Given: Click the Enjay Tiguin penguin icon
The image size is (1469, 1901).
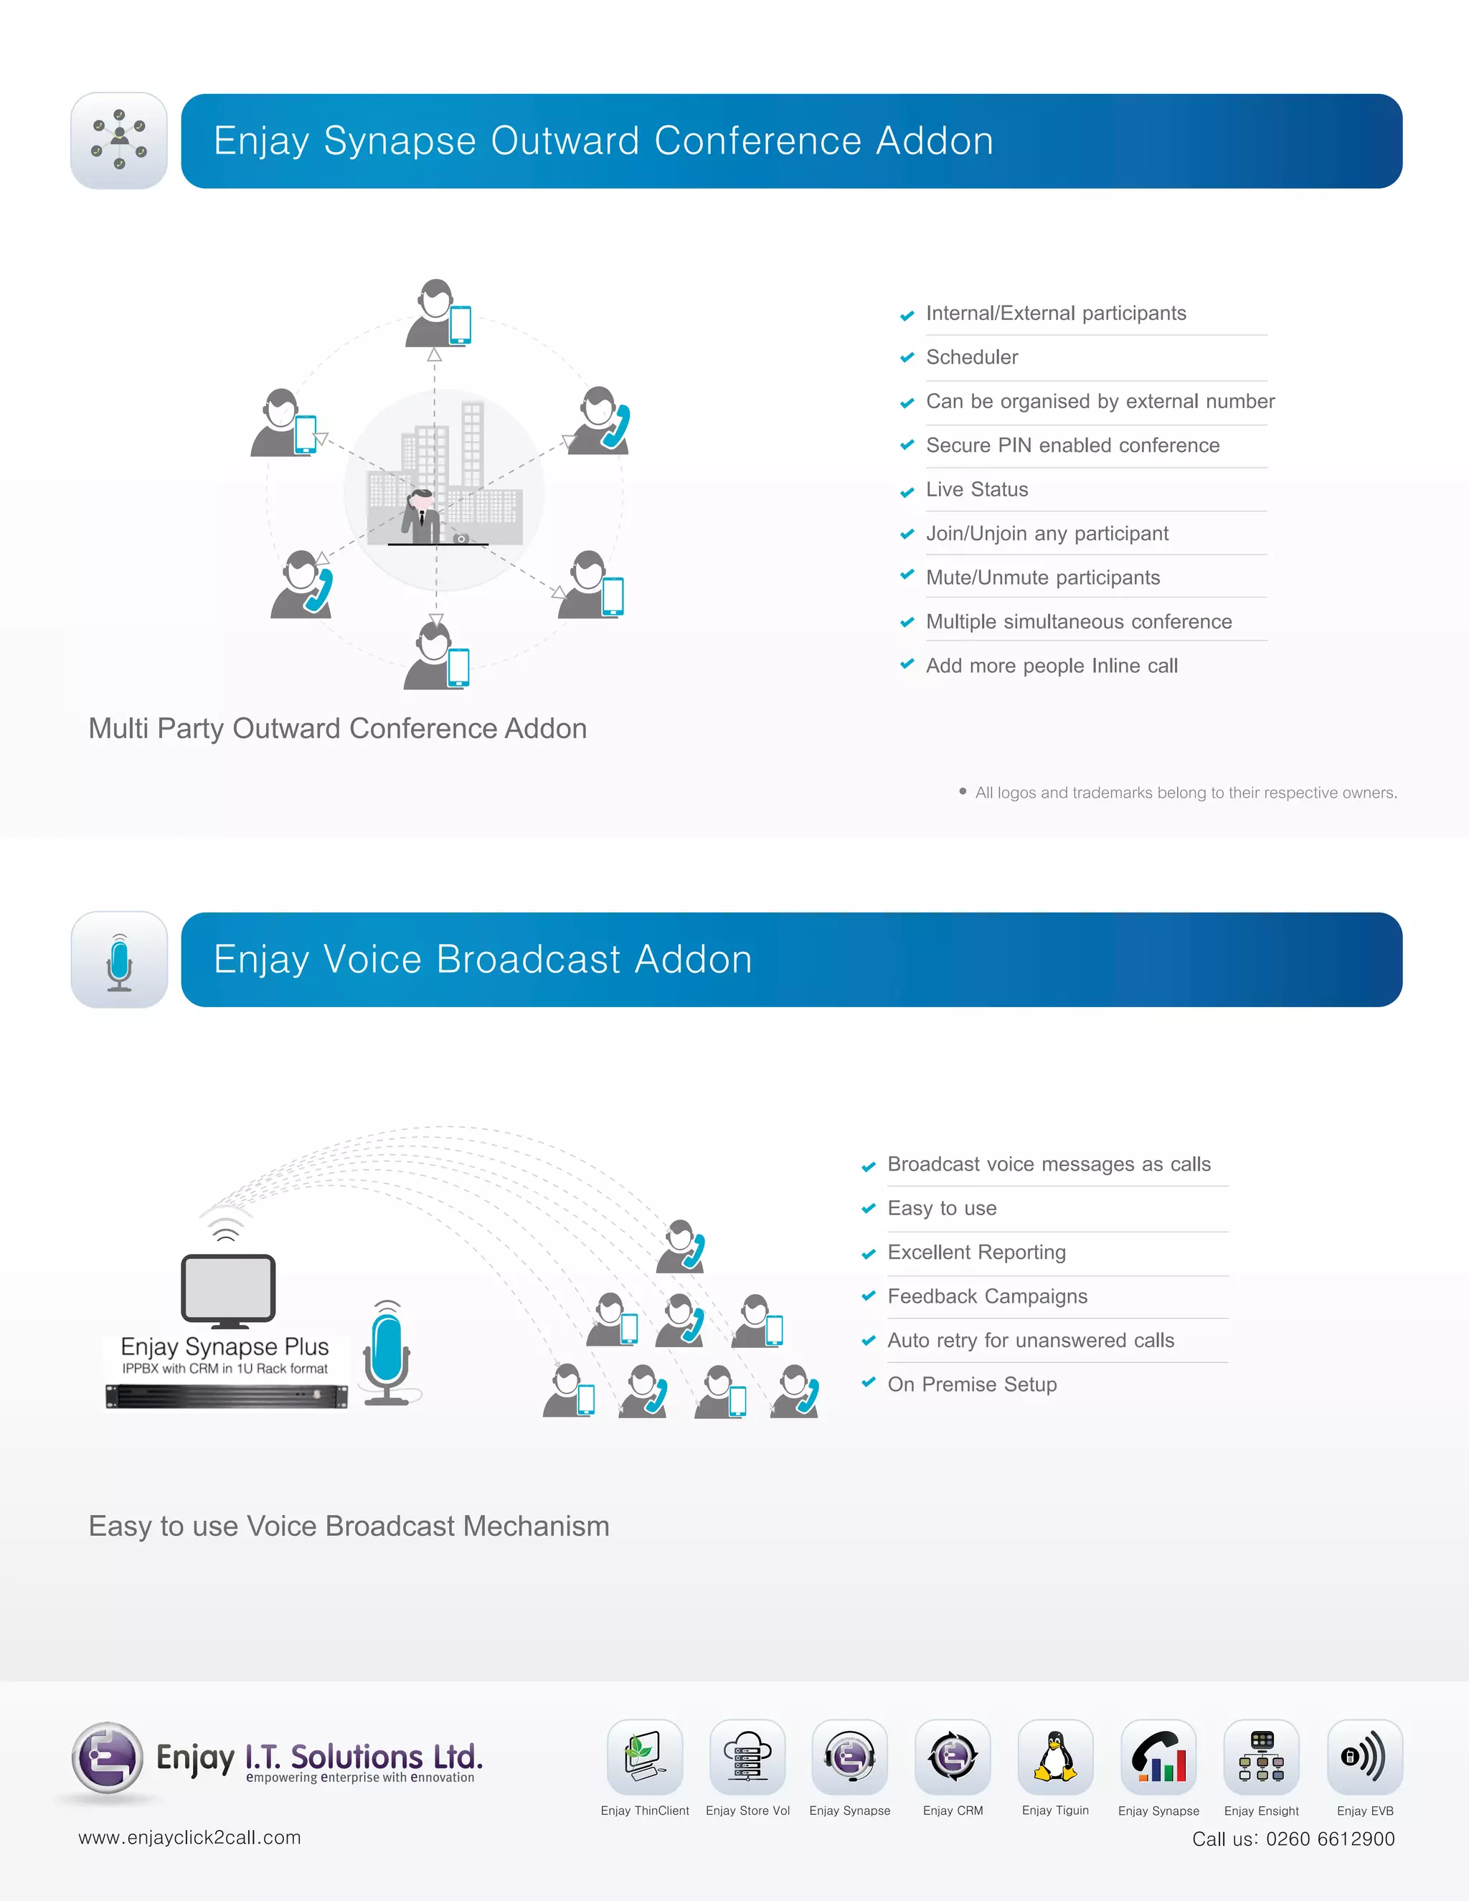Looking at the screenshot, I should pos(1054,1757).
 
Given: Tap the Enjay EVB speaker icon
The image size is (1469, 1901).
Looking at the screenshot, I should pos(1364,1757).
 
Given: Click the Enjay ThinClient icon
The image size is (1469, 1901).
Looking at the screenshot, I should pos(645,1757).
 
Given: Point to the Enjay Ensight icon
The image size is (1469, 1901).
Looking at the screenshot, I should pos(1261,1757).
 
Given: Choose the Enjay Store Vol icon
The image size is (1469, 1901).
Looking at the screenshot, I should pos(747,1757).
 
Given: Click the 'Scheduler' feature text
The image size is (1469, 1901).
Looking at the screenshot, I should pos(971,358).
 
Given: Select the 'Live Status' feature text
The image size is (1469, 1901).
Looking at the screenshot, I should pos(976,490).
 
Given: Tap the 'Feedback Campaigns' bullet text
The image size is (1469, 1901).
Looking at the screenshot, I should pos(987,1297).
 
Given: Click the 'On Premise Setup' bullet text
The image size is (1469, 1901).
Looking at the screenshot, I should pos(972,1385).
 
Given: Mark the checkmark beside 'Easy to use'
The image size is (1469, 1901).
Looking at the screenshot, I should pos(868,1209).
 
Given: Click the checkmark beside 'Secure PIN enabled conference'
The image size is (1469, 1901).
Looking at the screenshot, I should pos(907,445).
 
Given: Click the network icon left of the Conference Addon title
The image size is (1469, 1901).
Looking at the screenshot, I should pos(119,140).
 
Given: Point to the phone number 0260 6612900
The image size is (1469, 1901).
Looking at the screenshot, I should pos(1330,1839).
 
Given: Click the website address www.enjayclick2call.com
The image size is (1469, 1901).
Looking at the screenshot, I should pos(189,1837).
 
